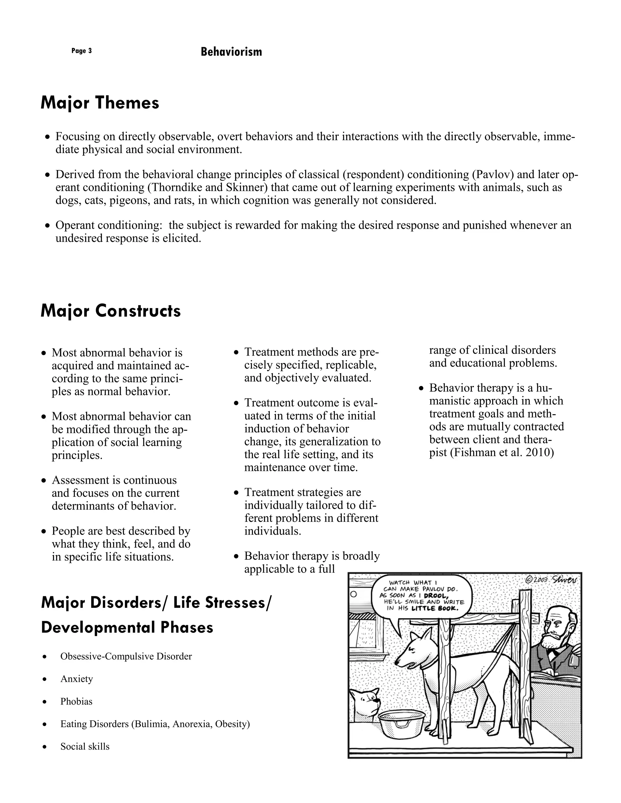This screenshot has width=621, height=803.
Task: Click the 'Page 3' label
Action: pyautogui.click(x=81, y=51)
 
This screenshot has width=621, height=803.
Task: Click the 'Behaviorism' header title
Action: pyautogui.click(x=231, y=52)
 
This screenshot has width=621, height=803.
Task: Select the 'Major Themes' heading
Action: pyautogui.click(x=100, y=103)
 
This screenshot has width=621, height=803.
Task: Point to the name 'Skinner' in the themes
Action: pyautogui.click(x=247, y=187)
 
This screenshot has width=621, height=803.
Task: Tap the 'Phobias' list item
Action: pyautogui.click(x=76, y=701)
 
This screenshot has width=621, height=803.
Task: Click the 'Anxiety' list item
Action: pyautogui.click(x=76, y=679)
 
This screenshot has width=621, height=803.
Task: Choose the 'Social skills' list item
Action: pyautogui.click(x=85, y=746)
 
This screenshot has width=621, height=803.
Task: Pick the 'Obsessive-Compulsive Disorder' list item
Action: pyautogui.click(x=126, y=656)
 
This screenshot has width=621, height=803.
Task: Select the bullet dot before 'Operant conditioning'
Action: pyautogui.click(x=47, y=225)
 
